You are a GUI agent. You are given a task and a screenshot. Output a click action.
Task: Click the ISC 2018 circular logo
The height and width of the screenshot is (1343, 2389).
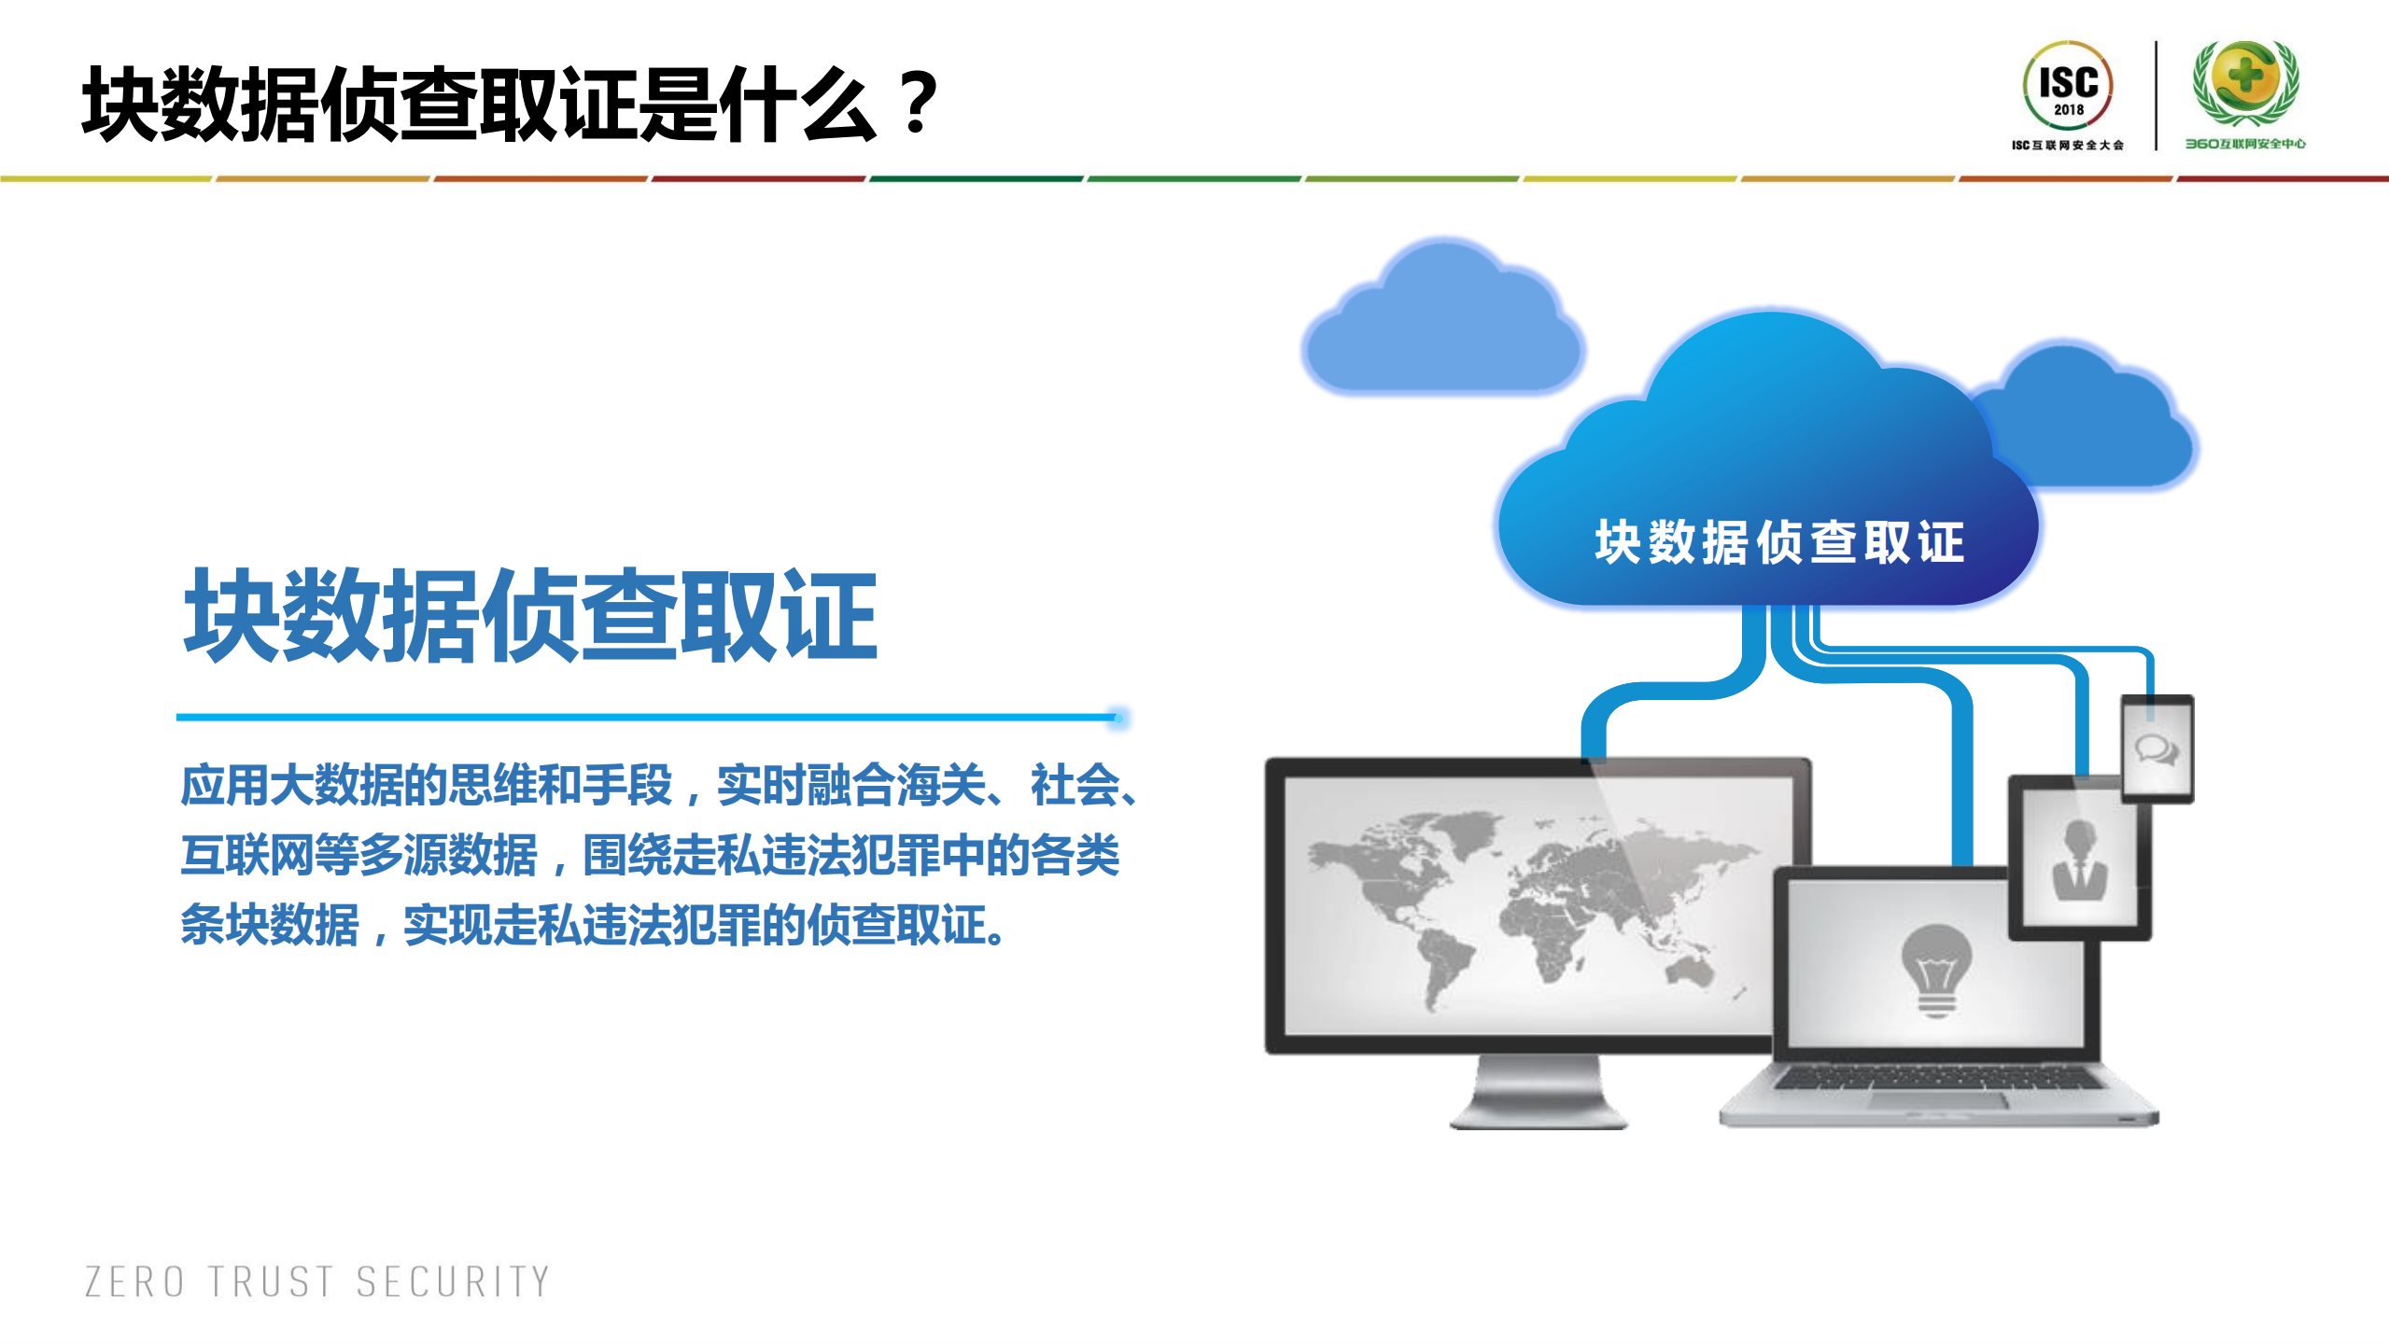tap(2068, 86)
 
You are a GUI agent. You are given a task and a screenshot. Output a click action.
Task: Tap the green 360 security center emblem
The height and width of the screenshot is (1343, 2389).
tap(2245, 82)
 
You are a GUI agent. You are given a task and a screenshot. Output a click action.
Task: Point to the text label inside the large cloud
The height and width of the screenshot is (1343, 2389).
tap(1779, 542)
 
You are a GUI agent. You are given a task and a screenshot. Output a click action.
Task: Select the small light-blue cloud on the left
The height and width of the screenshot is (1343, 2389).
tap(1443, 322)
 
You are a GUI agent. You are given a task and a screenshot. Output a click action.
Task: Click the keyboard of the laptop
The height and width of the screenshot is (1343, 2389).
tap(1937, 1079)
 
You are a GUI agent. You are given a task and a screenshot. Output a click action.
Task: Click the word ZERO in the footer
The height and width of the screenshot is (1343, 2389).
tap(134, 1282)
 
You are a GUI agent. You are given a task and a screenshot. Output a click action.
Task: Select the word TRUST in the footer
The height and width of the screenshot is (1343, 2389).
tap(271, 1282)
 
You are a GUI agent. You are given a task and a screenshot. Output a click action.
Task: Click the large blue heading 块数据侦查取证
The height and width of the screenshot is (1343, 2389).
tap(530, 616)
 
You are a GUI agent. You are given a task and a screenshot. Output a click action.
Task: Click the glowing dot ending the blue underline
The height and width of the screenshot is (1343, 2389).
tap(1119, 718)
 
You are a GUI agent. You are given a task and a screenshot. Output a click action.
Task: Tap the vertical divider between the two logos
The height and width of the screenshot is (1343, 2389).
tap(2156, 95)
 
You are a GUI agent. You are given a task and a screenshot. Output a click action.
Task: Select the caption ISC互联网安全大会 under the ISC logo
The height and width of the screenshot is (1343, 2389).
tap(2067, 146)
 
